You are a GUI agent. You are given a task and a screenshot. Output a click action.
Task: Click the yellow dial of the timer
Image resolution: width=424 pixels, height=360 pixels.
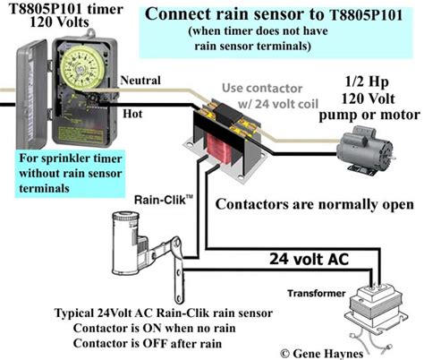click(82, 68)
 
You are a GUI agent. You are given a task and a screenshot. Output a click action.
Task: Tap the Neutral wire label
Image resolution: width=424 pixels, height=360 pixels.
click(140, 81)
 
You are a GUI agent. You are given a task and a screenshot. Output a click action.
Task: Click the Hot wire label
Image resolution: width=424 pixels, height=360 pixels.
click(132, 114)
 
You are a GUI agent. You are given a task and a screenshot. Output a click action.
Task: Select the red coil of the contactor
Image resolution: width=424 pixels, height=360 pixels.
click(219, 149)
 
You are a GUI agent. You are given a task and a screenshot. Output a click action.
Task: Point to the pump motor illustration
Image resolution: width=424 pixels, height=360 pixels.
click(366, 150)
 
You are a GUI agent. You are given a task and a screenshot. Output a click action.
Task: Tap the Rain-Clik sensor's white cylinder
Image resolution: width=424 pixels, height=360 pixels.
click(125, 242)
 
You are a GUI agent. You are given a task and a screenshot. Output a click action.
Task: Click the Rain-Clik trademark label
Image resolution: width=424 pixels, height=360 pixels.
click(164, 200)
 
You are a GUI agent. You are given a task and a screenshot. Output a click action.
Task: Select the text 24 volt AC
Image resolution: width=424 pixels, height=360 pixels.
click(309, 259)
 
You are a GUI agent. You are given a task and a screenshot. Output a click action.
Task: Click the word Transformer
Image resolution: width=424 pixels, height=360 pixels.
click(317, 293)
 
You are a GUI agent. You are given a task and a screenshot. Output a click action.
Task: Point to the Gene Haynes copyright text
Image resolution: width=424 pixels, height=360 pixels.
click(322, 354)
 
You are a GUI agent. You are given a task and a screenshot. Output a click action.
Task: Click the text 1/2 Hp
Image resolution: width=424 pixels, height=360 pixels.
click(367, 81)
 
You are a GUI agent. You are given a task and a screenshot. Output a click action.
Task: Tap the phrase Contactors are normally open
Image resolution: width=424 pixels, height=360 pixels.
click(315, 204)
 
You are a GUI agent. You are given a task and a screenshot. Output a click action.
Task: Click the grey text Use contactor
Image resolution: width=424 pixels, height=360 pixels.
click(262, 88)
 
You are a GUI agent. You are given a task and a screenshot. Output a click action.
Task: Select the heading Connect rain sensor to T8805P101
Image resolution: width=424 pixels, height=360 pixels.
click(274, 14)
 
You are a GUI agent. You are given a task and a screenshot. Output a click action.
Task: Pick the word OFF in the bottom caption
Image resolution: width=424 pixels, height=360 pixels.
click(154, 343)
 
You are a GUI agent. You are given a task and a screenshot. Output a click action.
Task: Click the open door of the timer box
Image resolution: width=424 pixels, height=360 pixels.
click(32, 94)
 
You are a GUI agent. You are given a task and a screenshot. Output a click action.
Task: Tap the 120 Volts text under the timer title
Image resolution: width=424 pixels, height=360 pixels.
click(59, 22)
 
